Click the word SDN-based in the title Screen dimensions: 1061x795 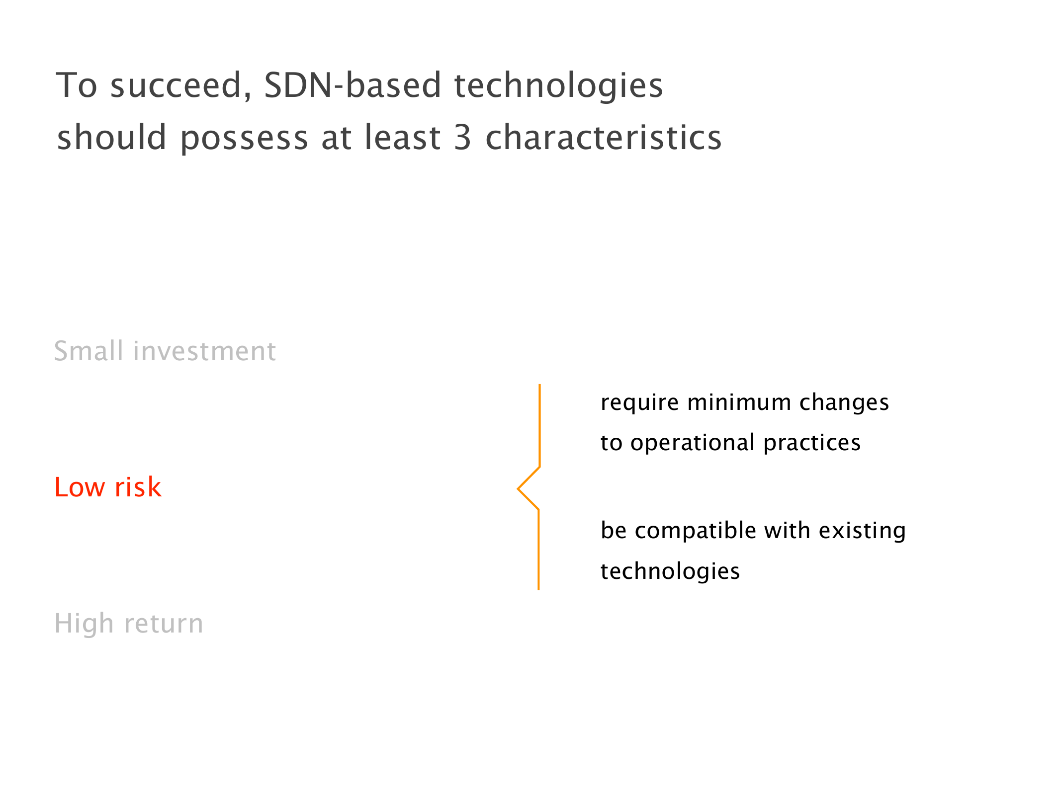(x=353, y=85)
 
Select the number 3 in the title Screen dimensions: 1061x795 (x=462, y=137)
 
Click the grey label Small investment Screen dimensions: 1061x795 (x=165, y=351)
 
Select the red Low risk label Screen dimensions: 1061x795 (x=108, y=487)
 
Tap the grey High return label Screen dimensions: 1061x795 (x=129, y=624)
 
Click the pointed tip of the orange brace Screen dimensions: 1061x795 (x=518, y=489)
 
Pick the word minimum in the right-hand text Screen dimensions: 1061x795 (x=739, y=402)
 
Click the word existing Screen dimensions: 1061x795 (x=862, y=531)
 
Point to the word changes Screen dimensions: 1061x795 (x=844, y=403)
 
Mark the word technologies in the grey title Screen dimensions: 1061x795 (x=559, y=86)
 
